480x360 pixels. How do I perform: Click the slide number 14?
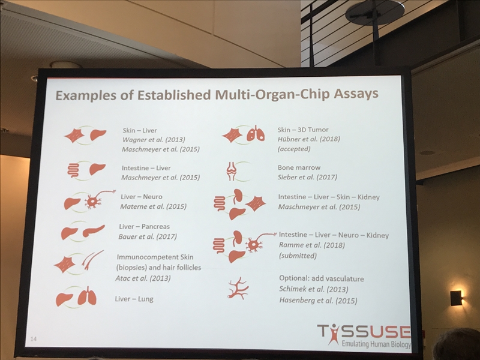click(x=34, y=339)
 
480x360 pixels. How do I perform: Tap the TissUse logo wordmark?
click(x=364, y=332)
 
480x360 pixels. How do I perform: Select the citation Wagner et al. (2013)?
click(x=154, y=140)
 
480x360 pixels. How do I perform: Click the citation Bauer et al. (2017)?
click(x=148, y=236)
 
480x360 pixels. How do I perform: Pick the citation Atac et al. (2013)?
click(x=143, y=278)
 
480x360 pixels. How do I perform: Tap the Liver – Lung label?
click(x=134, y=299)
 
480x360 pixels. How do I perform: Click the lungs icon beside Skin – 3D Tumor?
click(x=256, y=133)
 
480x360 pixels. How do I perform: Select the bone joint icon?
click(x=232, y=171)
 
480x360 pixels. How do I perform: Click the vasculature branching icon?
click(x=238, y=289)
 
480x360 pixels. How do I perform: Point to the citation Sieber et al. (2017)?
click(x=307, y=177)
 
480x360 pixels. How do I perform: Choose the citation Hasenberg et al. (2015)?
click(x=318, y=301)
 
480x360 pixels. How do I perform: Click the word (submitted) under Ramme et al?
click(x=298, y=256)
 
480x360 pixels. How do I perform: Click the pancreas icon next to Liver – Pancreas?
click(x=94, y=231)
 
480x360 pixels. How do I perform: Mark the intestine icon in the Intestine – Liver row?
click(x=73, y=170)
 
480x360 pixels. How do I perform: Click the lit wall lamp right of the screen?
click(x=457, y=298)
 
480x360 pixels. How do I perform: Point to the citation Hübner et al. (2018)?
click(x=309, y=139)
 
